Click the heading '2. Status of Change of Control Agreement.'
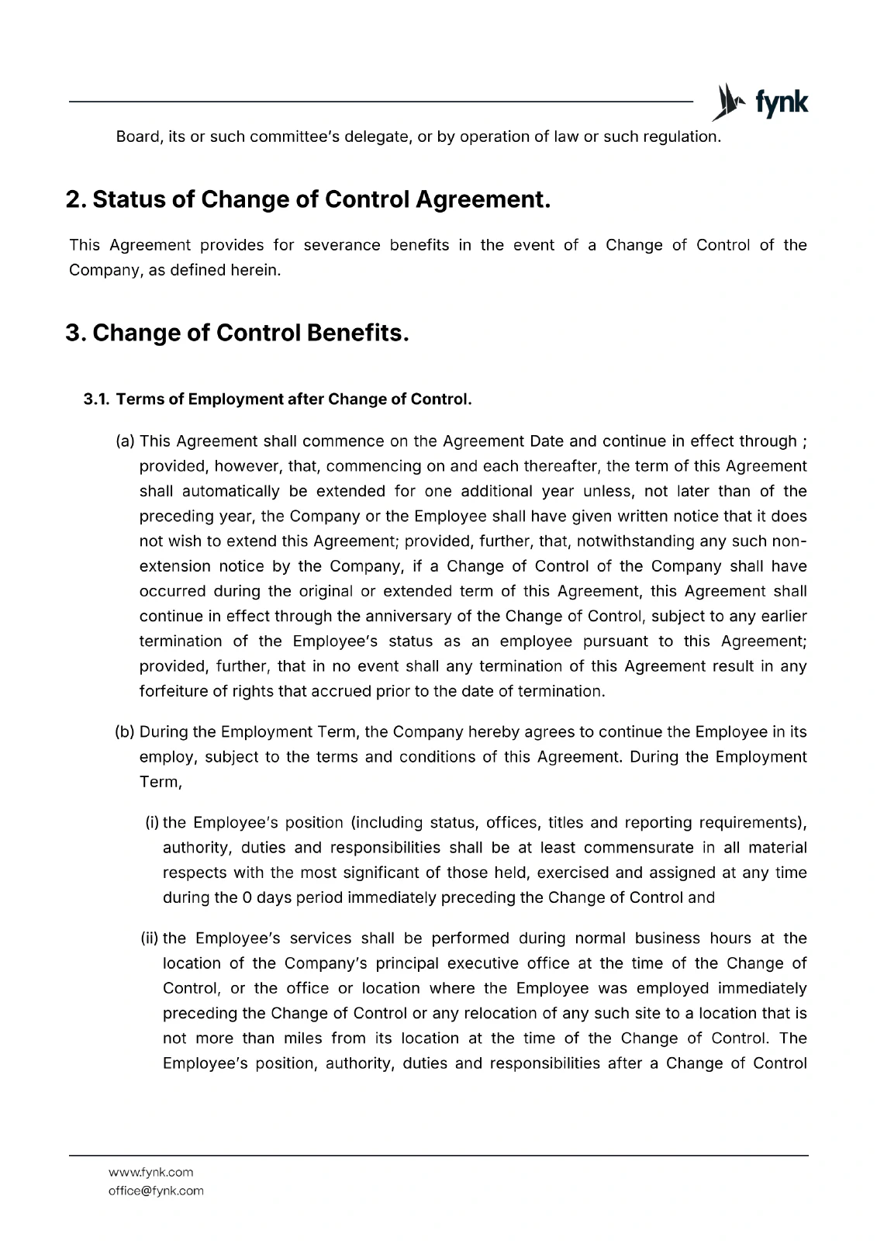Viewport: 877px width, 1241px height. [308, 199]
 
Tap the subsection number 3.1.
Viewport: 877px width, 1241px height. [96, 399]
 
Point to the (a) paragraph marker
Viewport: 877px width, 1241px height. [125, 441]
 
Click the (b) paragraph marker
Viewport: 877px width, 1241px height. [125, 732]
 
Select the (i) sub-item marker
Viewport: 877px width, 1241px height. [152, 823]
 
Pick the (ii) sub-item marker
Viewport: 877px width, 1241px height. [150, 939]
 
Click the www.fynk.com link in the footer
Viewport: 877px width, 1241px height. [151, 1172]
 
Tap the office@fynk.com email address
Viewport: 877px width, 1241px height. [156, 1191]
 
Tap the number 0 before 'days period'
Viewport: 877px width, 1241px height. [247, 897]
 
